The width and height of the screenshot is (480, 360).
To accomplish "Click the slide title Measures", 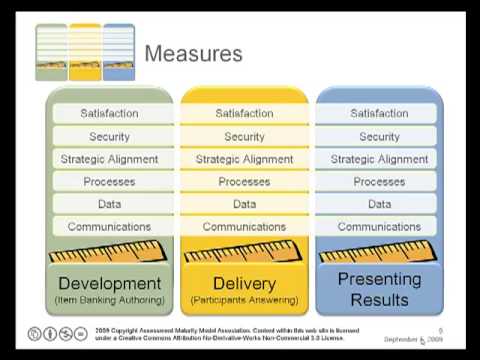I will tap(193, 53).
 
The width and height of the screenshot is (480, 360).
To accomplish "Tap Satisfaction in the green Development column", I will tap(109, 114).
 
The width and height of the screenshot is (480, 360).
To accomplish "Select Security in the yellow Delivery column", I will tap(244, 136).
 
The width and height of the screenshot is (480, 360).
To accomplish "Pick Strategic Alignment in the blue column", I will tap(379, 159).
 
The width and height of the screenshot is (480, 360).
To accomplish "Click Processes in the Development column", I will tap(109, 182).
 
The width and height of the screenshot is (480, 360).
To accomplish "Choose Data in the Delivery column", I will tap(244, 204).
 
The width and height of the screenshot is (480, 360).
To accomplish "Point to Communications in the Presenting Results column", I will tap(379, 227).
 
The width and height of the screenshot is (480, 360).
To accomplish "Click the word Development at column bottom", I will tap(109, 283).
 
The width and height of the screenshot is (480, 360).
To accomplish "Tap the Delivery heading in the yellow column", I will tap(244, 283).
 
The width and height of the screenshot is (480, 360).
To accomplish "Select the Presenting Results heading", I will tap(379, 289).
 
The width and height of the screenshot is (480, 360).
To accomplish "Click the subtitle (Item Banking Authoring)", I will tap(109, 301).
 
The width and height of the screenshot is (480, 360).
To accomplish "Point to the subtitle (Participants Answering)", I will tap(244, 301).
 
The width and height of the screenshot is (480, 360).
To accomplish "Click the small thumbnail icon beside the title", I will tap(85, 53).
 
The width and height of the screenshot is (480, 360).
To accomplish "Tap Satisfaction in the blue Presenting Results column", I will tap(379, 114).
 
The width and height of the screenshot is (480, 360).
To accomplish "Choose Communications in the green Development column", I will tap(109, 227).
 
